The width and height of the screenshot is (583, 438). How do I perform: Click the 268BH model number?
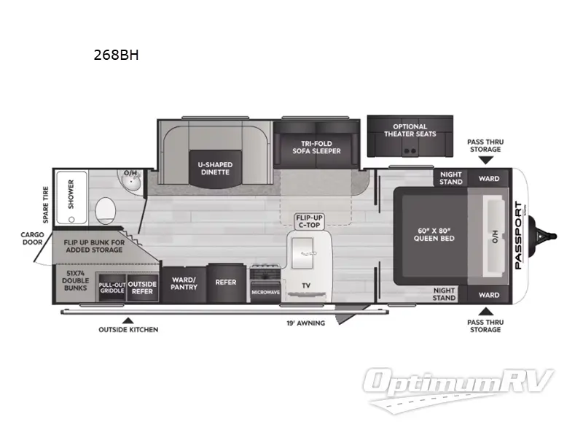pos(115,53)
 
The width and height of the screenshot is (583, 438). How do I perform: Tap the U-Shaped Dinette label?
pos(214,167)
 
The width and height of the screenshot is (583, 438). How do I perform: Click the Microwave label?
pos(266,291)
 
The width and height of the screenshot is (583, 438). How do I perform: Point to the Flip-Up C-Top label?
pos(305,221)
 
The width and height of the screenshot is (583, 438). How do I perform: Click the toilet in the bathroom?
pos(105,210)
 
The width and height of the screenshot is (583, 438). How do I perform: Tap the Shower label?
pos(71,193)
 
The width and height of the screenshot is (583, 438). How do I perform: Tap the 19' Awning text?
pos(305,323)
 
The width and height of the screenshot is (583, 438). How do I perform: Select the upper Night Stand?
pos(451,178)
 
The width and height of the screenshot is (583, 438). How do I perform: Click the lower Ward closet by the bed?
pos(489,295)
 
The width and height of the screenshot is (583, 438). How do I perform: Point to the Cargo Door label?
pos(34,239)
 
